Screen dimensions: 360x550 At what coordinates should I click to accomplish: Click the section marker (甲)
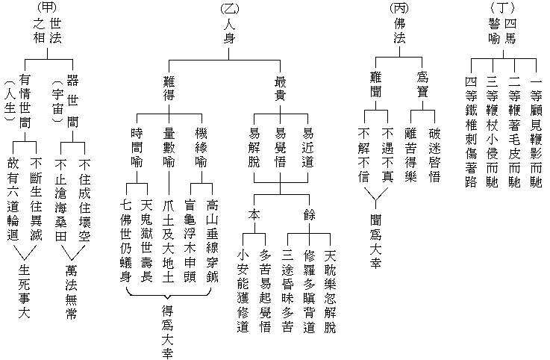46,8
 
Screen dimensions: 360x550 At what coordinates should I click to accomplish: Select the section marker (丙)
399,8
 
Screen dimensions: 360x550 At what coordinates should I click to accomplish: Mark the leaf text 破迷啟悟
435,155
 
